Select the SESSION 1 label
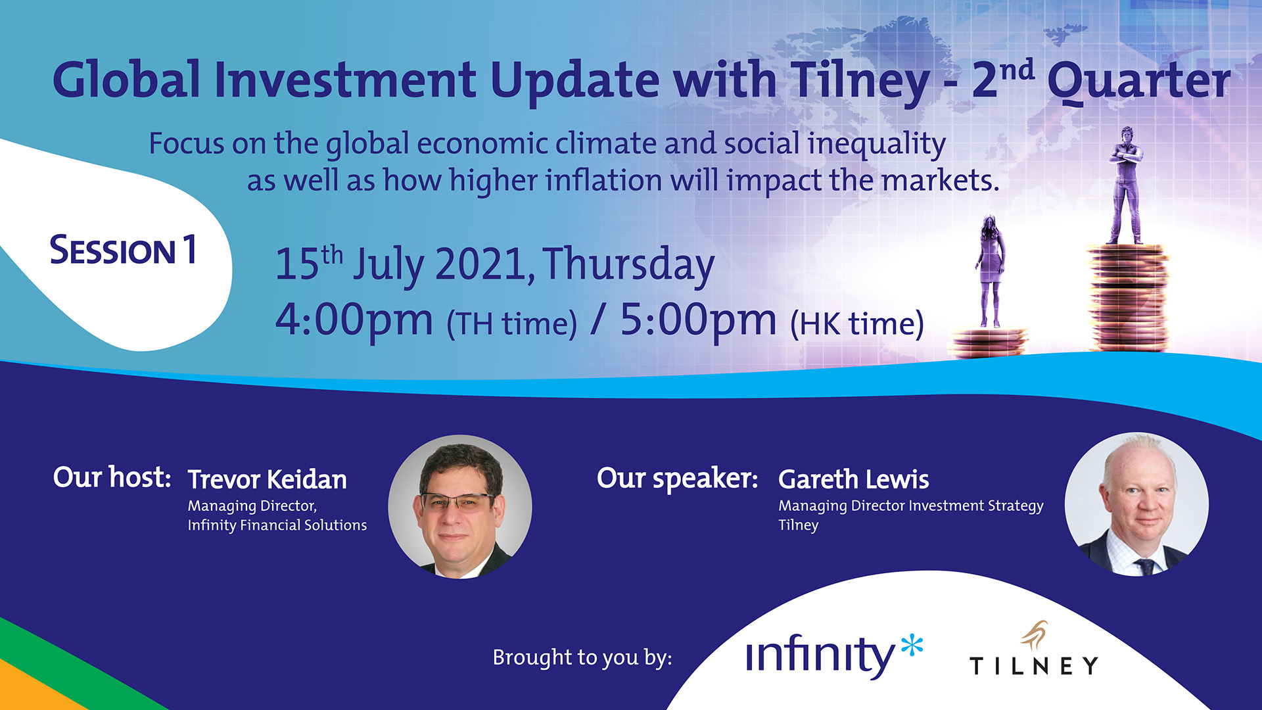click(x=124, y=250)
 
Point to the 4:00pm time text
click(x=354, y=321)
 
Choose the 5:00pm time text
click(x=698, y=321)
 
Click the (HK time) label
click(x=857, y=324)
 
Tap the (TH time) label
click(x=512, y=324)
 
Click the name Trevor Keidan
click(x=267, y=480)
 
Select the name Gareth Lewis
click(x=853, y=480)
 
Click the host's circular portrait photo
click(x=460, y=507)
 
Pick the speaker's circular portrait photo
click(x=1136, y=504)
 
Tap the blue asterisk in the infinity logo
click(x=912, y=646)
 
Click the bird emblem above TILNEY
click(x=1035, y=634)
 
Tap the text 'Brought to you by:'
click(x=582, y=657)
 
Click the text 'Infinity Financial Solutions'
click(x=277, y=525)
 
